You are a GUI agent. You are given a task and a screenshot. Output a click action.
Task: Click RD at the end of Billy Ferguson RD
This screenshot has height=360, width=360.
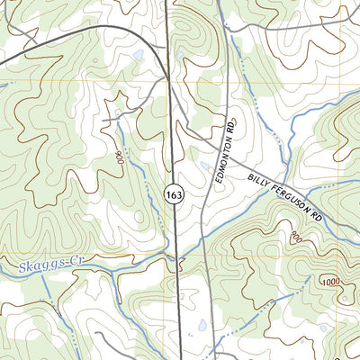[x=316, y=217]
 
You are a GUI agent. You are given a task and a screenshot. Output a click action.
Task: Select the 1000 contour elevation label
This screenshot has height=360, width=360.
[x=330, y=282]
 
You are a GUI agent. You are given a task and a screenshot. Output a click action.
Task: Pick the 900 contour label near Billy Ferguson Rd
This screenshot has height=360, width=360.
[x=296, y=236]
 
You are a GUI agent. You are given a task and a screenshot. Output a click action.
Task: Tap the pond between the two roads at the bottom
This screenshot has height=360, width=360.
[x=202, y=325]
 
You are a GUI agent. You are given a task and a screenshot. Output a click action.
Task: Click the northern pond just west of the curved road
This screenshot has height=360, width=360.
[x=136, y=56]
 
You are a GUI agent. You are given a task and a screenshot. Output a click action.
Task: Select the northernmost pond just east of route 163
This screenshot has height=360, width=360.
[x=179, y=54]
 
